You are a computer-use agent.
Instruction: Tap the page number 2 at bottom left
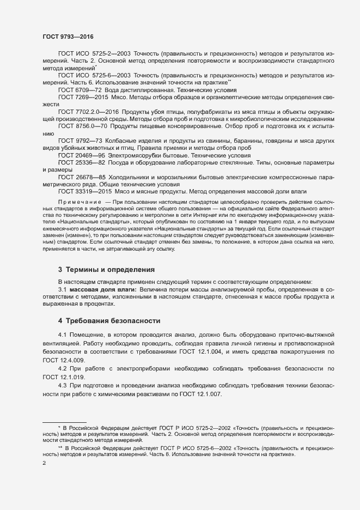(44, 463)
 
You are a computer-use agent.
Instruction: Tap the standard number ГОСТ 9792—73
(77, 141)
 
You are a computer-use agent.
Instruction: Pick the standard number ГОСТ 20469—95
(79, 155)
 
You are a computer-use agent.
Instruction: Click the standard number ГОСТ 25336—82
(79, 163)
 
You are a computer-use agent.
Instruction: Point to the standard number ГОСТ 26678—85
(79, 177)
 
